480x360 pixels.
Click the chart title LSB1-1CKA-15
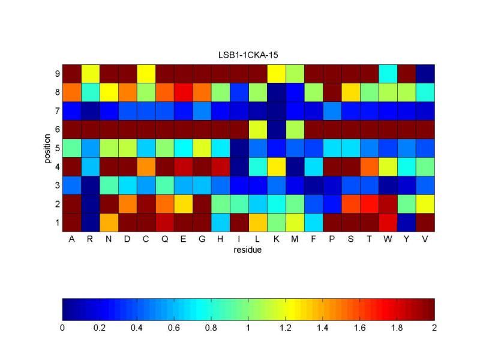(x=248, y=55)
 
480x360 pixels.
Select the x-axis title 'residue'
(x=248, y=250)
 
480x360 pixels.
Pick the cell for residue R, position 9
(x=91, y=73)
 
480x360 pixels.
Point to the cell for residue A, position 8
(x=72, y=92)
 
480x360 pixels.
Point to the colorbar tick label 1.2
(x=286, y=328)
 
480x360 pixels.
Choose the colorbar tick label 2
(x=434, y=328)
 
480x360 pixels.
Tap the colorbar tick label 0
(x=62, y=328)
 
